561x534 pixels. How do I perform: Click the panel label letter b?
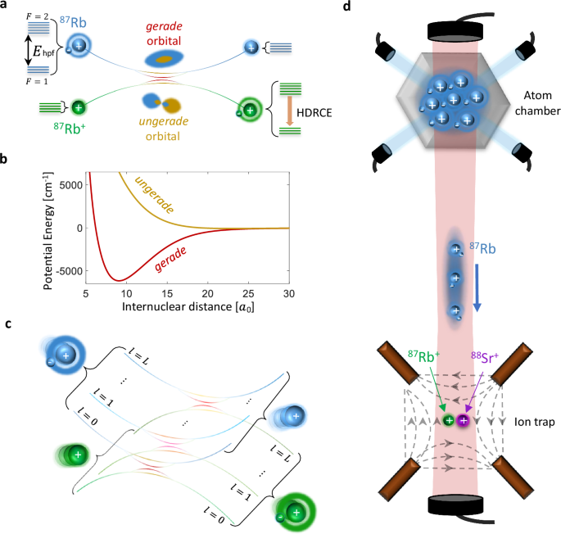7,161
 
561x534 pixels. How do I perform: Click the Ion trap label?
525,424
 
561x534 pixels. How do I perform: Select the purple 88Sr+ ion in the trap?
464,420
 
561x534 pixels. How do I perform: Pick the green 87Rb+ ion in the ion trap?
449,420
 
